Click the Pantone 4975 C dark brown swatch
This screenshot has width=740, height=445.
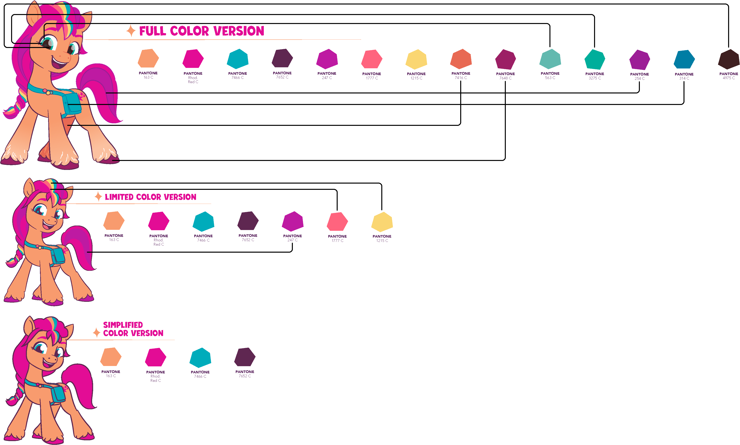tap(729, 59)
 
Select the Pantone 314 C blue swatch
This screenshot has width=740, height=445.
tap(684, 60)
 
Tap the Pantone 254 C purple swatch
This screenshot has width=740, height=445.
tap(639, 60)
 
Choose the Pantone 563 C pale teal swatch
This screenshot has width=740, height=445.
tap(550, 59)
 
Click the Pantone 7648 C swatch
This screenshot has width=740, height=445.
tap(506, 59)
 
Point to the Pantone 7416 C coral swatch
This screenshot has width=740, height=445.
tap(461, 59)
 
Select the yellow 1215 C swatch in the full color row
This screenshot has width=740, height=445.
tap(416, 59)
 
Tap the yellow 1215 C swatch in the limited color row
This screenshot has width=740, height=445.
tap(382, 222)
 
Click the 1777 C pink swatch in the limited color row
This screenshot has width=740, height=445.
tap(337, 222)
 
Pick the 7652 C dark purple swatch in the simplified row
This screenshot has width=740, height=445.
tap(245, 357)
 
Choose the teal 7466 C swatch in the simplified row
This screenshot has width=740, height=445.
tap(200, 358)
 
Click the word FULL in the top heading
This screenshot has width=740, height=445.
tap(152, 31)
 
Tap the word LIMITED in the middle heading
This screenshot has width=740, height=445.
tap(119, 197)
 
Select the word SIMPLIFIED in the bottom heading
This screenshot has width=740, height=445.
tap(123, 325)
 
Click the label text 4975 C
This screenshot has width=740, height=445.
tap(729, 78)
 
